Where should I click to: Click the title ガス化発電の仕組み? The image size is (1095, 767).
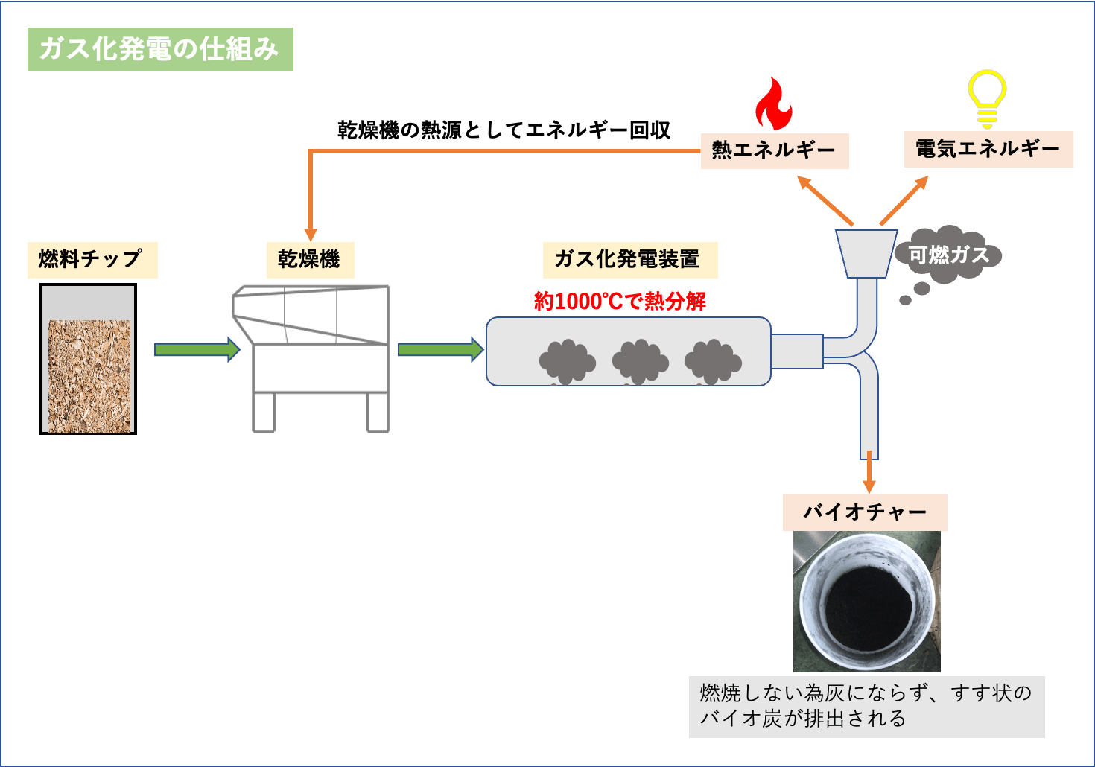click(x=159, y=49)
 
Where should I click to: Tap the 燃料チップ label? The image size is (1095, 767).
click(x=92, y=259)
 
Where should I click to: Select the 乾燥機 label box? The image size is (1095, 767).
click(x=310, y=259)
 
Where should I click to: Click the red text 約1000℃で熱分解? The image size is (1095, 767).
click(x=620, y=301)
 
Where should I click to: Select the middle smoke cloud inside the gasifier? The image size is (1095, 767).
click(x=640, y=362)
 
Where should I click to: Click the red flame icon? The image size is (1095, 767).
click(x=772, y=105)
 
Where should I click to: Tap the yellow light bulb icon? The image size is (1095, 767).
click(x=987, y=98)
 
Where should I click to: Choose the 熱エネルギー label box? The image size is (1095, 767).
click(x=774, y=150)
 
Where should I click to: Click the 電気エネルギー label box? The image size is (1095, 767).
click(x=988, y=149)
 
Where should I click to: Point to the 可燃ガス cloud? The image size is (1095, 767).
click(x=948, y=255)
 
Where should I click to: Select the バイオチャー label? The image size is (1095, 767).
click(x=864, y=512)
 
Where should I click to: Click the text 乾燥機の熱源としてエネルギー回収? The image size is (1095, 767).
click(x=504, y=130)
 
